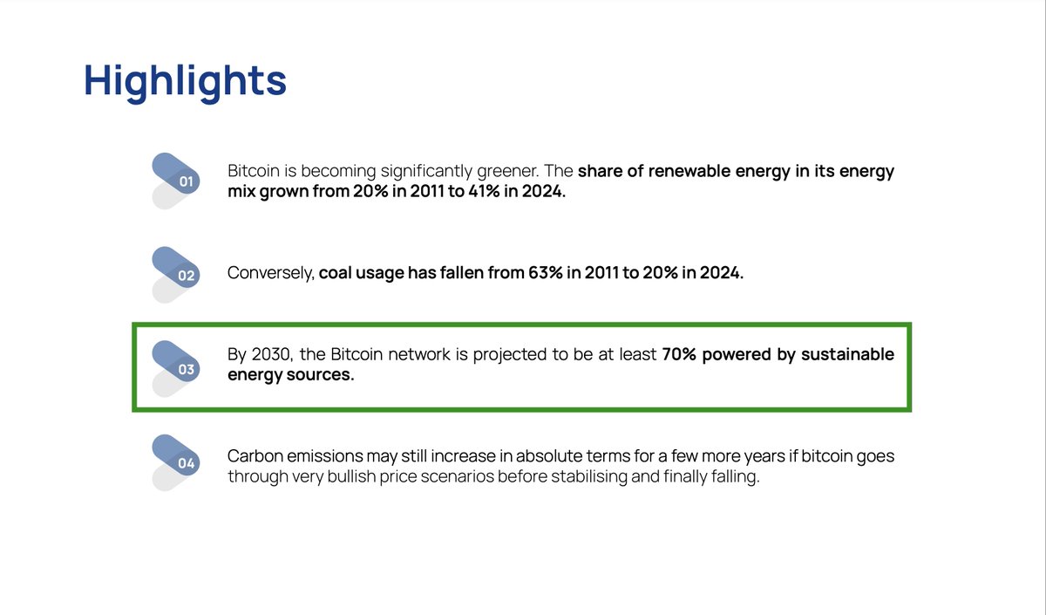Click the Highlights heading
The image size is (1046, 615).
[185, 80]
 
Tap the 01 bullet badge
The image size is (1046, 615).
[185, 181]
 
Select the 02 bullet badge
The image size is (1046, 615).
[185, 276]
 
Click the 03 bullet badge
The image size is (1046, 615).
[185, 369]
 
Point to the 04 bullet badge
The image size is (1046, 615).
[185, 462]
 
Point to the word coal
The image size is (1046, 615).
[337, 273]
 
